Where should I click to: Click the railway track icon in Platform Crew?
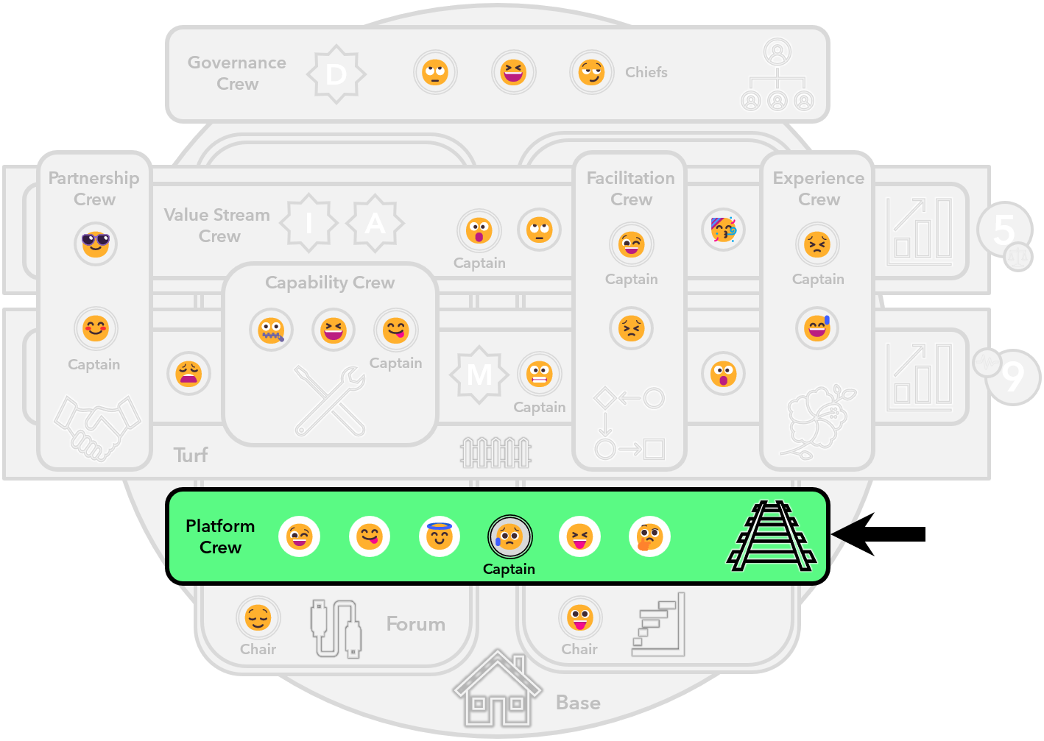point(772,536)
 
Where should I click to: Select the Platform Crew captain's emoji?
point(509,536)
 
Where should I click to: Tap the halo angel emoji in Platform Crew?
point(440,536)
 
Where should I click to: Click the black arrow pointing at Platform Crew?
point(853,534)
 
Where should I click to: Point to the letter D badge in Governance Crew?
point(336,74)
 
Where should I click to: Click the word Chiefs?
point(646,72)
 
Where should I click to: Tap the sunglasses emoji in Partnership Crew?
point(96,244)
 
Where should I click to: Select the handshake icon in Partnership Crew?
point(96,428)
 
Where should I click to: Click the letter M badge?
point(479,375)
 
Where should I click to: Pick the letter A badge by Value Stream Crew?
point(375,223)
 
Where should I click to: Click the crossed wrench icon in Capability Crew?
point(330,402)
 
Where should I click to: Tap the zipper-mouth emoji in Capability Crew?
point(271,330)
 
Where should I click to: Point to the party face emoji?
point(724,230)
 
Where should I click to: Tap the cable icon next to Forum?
point(336,628)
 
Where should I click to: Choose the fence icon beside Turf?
point(495,453)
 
